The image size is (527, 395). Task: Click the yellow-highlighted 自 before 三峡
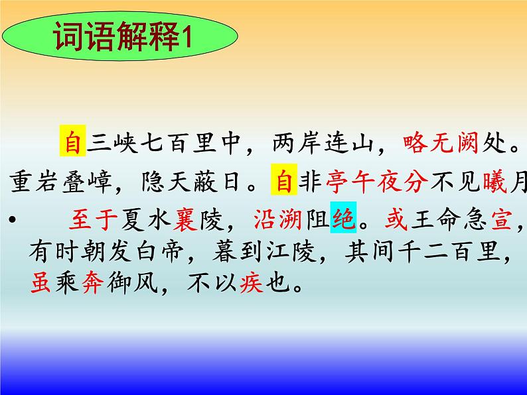coord(72,142)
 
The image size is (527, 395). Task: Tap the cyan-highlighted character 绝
coord(343,219)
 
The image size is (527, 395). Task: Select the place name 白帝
coord(166,251)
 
